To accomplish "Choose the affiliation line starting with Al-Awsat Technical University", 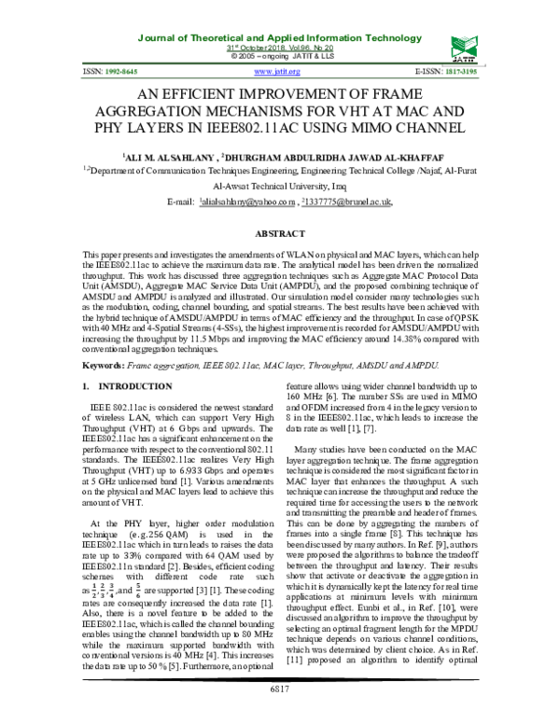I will coord(280,186).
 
